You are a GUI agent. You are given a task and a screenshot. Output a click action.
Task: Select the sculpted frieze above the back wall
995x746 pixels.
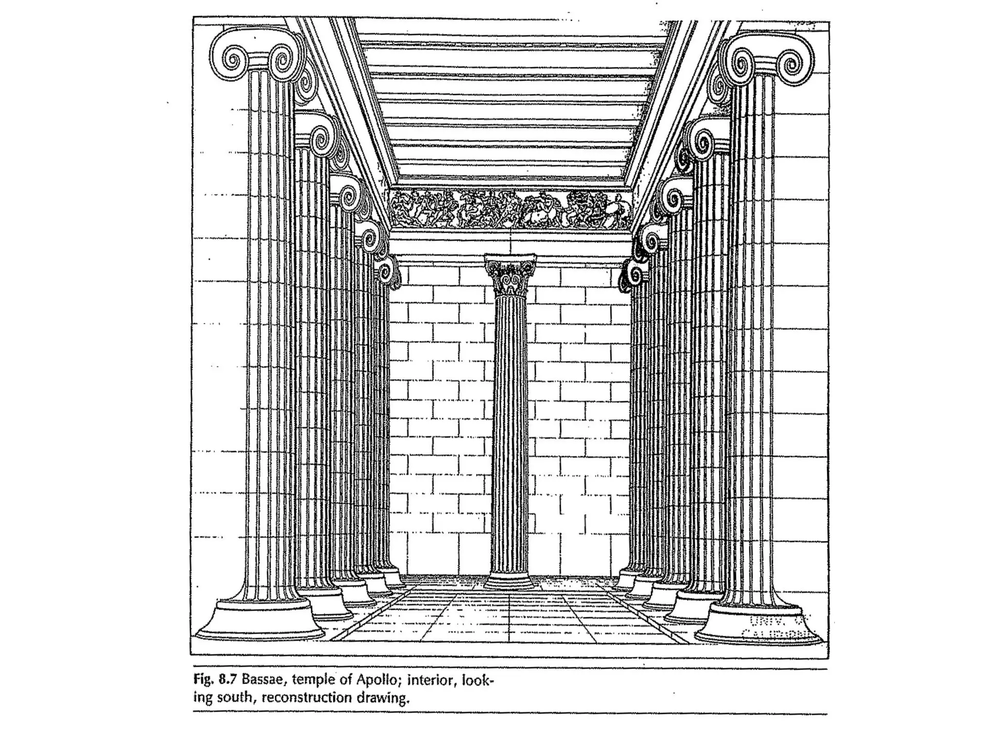pos(510,209)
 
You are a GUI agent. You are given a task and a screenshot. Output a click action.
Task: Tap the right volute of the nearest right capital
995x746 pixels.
pos(794,63)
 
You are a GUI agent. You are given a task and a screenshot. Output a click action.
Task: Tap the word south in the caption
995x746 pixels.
pos(236,698)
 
